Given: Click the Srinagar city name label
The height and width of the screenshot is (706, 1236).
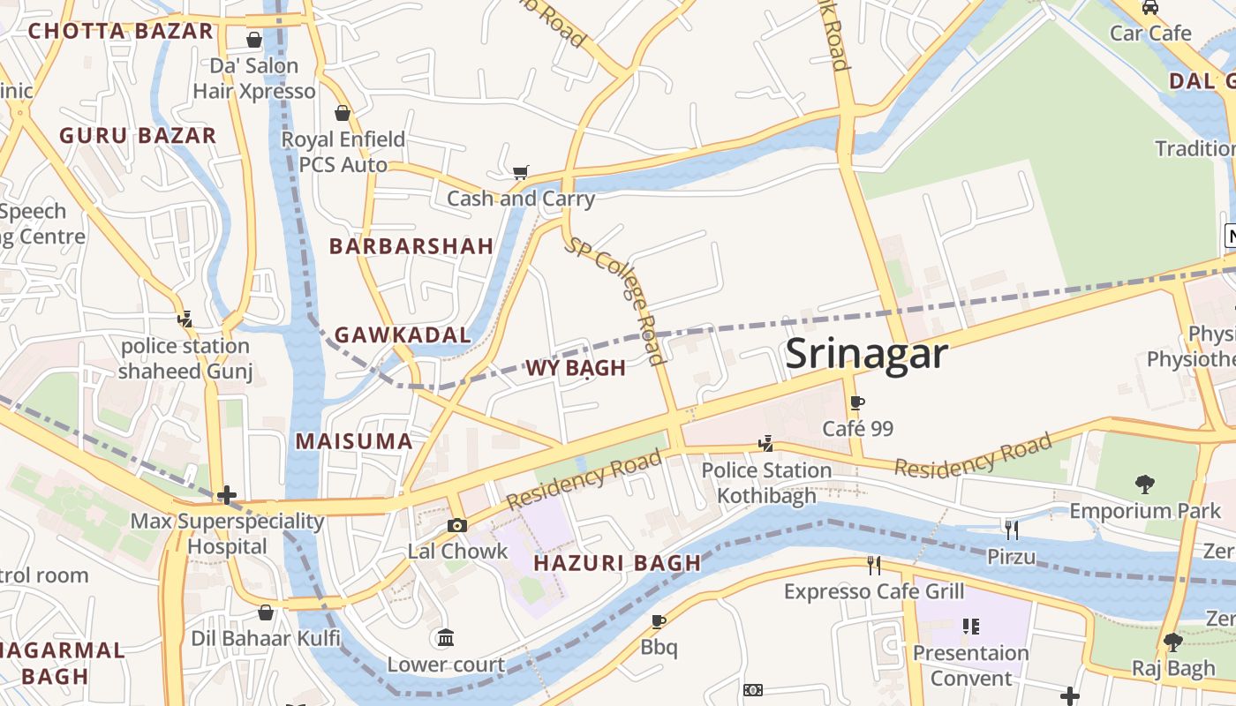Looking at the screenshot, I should pyautogui.click(x=866, y=354).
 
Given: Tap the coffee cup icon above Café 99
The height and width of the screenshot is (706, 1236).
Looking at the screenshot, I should pyautogui.click(x=856, y=403).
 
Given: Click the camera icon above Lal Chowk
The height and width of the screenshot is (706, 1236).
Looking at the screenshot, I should pyautogui.click(x=456, y=526).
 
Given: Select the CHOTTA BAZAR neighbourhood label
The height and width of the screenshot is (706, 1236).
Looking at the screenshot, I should pyautogui.click(x=121, y=32).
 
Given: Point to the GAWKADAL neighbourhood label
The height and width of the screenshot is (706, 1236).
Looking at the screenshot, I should pyautogui.click(x=403, y=335).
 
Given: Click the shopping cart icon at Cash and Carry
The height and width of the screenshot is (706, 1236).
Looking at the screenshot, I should pyautogui.click(x=521, y=172).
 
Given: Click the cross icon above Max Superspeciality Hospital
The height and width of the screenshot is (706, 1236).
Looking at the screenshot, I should pyautogui.click(x=227, y=495).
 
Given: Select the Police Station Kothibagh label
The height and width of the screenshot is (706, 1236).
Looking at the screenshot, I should pyautogui.click(x=766, y=483).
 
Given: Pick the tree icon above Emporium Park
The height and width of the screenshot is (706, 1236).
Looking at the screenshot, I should pyautogui.click(x=1145, y=484).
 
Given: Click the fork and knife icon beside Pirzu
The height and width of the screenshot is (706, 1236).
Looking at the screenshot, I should pyautogui.click(x=1012, y=529).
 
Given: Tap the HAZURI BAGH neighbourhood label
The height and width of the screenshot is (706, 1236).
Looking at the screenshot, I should pyautogui.click(x=617, y=563).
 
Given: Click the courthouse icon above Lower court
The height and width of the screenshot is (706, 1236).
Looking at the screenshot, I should pyautogui.click(x=446, y=637).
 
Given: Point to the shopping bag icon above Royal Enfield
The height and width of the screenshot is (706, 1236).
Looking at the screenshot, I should pyautogui.click(x=343, y=113).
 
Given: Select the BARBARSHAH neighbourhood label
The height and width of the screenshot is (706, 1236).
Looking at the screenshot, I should pyautogui.click(x=411, y=246).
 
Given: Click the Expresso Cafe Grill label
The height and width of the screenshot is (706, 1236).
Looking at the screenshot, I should pyautogui.click(x=874, y=591).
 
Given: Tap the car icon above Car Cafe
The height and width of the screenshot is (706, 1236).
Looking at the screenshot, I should pyautogui.click(x=1150, y=8).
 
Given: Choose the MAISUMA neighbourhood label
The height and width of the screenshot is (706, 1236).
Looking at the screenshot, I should pyautogui.click(x=354, y=441).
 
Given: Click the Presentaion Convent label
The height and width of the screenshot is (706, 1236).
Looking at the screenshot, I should pyautogui.click(x=971, y=665).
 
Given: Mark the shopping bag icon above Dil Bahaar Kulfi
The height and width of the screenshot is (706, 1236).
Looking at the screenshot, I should pyautogui.click(x=266, y=612).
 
